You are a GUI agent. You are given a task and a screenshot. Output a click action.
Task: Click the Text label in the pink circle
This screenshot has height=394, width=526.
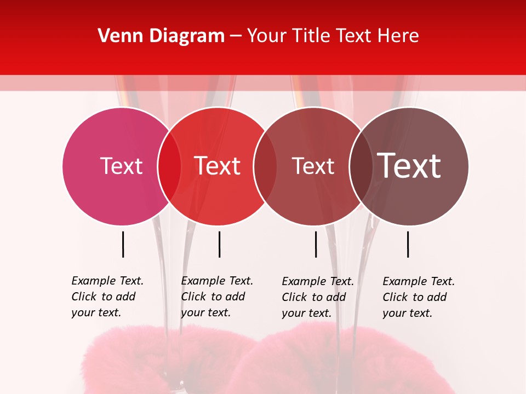[x=121, y=166]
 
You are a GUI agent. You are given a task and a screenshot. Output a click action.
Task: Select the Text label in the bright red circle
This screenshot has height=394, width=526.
[x=218, y=166]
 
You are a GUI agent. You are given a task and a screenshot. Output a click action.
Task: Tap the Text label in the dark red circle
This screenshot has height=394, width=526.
[x=313, y=166]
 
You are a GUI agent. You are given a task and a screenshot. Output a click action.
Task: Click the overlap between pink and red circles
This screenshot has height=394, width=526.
[x=169, y=166]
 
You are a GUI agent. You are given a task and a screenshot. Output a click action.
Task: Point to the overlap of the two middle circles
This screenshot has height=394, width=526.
[x=265, y=166]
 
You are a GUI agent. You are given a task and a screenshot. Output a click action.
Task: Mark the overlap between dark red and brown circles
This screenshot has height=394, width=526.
[x=361, y=166]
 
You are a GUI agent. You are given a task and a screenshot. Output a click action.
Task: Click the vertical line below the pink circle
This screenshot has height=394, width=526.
[x=123, y=244]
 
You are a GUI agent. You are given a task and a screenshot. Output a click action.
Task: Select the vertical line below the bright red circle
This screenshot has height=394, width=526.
[x=219, y=244]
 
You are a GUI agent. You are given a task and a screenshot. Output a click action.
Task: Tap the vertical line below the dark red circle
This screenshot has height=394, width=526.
[x=316, y=244]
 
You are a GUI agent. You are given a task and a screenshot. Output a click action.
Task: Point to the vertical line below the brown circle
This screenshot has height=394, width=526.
[x=408, y=244]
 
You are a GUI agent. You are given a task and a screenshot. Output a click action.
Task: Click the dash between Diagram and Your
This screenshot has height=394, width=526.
[x=236, y=36]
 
